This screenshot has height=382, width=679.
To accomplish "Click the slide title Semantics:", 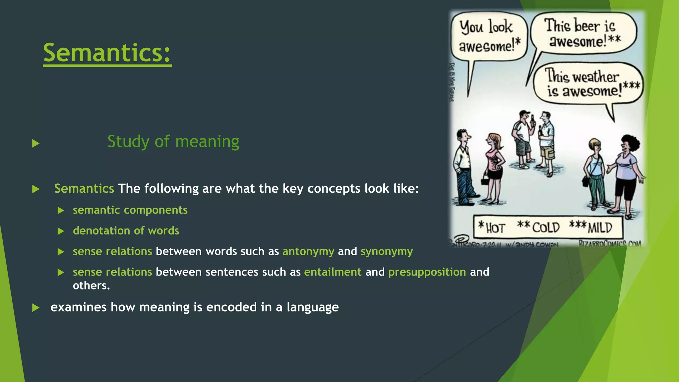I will click(107, 53).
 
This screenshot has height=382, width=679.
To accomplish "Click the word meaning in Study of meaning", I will click(207, 142).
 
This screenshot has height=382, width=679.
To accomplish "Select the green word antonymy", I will click(308, 251).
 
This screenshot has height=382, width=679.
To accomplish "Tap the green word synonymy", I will click(387, 251).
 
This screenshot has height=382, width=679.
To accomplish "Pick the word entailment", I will click(333, 272).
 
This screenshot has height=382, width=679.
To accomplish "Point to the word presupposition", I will click(427, 272).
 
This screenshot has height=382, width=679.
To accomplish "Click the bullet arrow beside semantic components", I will click(61, 211).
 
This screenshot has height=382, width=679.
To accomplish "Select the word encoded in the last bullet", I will click(231, 307).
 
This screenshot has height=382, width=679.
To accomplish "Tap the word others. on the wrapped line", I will click(91, 286).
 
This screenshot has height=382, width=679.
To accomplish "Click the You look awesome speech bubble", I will click(488, 36).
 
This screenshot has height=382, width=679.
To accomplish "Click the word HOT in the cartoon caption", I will click(495, 228).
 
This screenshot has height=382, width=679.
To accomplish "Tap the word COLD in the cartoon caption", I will click(545, 228).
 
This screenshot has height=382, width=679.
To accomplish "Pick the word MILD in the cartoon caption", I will click(599, 228).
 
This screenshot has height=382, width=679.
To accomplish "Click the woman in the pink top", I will click(494, 166).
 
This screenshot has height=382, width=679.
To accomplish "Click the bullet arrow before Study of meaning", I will click(36, 144).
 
